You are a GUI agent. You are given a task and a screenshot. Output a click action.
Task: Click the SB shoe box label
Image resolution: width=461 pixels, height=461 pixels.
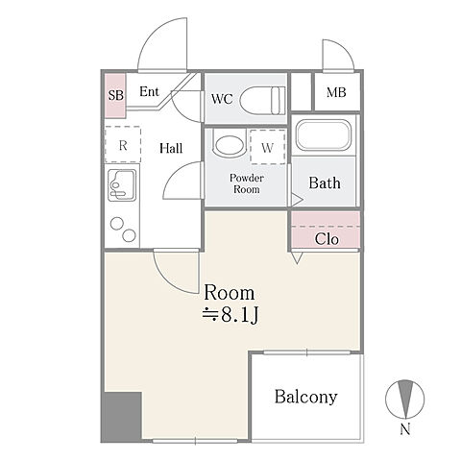coord(115,95)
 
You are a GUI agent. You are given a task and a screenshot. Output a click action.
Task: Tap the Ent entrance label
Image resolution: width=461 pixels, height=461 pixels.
coord(149,92)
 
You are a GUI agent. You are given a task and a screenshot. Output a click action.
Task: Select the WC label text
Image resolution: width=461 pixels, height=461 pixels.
coord(222,99)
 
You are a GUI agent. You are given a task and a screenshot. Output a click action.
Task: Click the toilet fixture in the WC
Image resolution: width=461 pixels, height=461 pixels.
coord(262,100)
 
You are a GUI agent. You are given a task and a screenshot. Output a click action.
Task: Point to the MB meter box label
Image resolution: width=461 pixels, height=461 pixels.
coord(336,92)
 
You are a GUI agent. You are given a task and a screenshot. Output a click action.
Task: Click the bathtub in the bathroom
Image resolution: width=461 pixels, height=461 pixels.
coord(324,135)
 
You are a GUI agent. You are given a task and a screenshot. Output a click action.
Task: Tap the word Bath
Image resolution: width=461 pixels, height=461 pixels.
coord(325,182)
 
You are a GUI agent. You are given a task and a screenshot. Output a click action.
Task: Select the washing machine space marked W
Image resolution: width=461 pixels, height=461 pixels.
coord(268,147)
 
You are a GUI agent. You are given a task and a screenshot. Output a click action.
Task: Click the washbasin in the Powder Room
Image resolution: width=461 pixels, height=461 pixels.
coord(230,146)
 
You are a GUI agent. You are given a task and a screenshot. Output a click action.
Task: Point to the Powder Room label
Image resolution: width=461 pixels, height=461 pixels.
coord(247,183)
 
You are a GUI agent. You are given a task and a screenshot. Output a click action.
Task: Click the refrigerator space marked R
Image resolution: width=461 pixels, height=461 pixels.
coord(123,145)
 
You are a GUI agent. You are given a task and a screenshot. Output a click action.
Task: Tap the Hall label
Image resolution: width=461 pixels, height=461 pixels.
coord(171,148)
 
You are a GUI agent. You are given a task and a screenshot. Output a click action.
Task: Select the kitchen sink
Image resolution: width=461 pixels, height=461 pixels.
coord(122,185)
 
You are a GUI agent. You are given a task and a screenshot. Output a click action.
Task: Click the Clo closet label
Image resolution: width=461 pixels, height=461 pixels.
coord(327,239)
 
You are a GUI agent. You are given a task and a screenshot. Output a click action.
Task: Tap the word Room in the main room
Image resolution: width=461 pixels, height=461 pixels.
coord(230,293)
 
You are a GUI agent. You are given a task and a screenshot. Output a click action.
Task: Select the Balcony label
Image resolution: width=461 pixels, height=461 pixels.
coord(305,397)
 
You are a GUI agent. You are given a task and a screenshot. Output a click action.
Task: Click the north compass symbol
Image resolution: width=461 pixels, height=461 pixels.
coord(405,400)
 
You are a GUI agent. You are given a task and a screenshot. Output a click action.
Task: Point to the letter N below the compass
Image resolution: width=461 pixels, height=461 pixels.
coord(405,429)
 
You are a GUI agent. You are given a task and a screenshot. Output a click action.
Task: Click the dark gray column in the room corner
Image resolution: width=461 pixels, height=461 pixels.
coord(123,416)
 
